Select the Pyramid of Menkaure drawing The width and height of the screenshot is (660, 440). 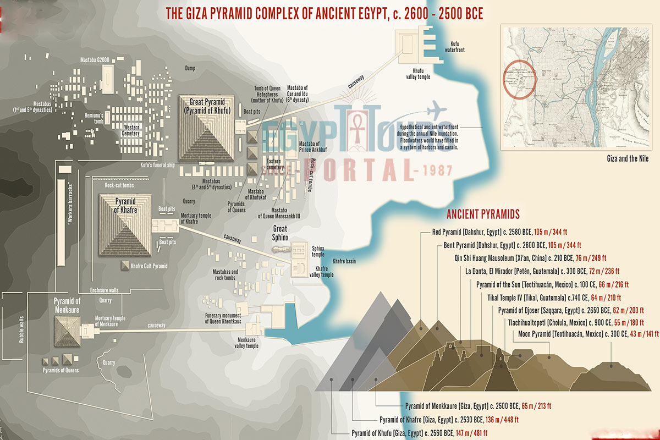pyautogui.click(x=67, y=327)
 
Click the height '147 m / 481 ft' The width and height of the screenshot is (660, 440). pyautogui.click(x=471, y=433)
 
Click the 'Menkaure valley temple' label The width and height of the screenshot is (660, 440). pyautogui.click(x=244, y=343)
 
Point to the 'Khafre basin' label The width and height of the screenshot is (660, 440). pyautogui.click(x=344, y=261)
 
